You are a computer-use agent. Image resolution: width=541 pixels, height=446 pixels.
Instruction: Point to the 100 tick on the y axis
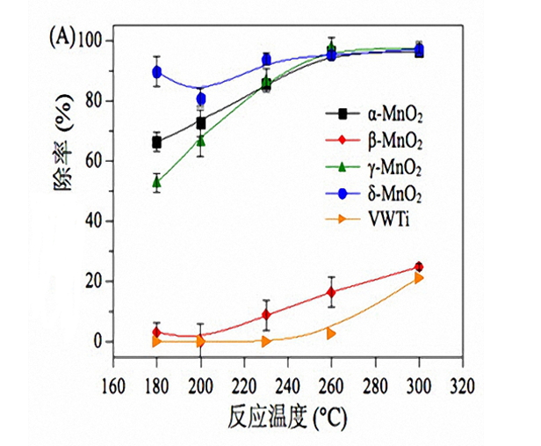click(x=90, y=40)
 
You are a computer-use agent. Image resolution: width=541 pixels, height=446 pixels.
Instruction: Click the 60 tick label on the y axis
click(x=94, y=161)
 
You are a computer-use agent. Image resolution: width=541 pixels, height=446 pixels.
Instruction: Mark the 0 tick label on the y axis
click(x=98, y=341)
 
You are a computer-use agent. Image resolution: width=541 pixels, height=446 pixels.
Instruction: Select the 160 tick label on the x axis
click(x=112, y=385)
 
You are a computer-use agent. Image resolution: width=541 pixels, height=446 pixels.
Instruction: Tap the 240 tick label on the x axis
click(x=287, y=385)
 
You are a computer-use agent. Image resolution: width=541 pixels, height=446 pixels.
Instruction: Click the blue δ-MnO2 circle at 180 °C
click(x=156, y=72)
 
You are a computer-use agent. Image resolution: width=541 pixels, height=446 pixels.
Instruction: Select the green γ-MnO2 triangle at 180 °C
click(x=156, y=182)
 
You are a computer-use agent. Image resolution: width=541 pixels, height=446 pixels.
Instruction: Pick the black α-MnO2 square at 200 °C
click(x=200, y=123)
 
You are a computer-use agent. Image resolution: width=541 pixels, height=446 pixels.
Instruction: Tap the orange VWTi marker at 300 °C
click(x=419, y=277)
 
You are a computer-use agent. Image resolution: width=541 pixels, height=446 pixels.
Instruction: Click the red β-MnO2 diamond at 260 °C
click(x=331, y=292)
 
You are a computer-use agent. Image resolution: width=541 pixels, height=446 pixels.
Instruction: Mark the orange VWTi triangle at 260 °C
click(x=331, y=333)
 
